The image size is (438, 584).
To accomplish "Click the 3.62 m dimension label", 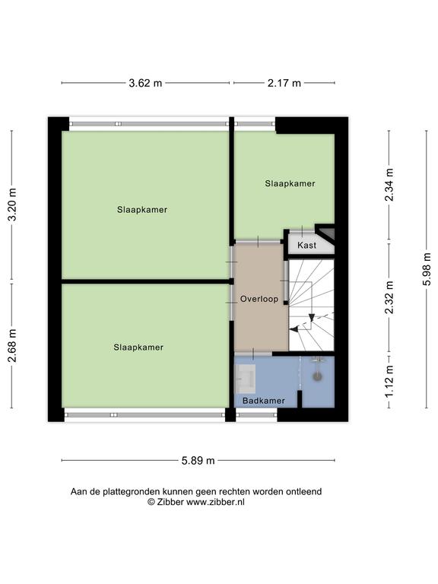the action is coord(145,83).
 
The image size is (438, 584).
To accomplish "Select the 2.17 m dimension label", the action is coord(284,83).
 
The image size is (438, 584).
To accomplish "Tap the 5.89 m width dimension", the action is coord(198,461).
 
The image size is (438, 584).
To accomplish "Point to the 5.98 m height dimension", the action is coord(427,269).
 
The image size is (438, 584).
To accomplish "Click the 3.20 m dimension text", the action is coord(12,205).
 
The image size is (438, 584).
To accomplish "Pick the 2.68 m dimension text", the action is coord(12,346).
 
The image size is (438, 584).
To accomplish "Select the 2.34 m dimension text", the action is coord(389,185).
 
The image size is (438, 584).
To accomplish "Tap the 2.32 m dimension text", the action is coord(389,297).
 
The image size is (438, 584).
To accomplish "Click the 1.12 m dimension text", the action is coord(389,381).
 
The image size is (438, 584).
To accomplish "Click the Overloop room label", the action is coord(259,299).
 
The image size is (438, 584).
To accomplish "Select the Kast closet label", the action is coord(307,245).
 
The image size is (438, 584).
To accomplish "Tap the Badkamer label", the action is coord(264,401).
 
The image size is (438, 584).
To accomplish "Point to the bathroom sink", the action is coord(246,379).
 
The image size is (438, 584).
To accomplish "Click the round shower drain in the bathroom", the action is coord(317,376).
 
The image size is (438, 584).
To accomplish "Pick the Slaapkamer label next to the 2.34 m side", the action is coord(290,183).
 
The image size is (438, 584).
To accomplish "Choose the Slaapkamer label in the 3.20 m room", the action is coord(142,210).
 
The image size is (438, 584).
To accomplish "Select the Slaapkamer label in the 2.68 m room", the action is coord(138,348).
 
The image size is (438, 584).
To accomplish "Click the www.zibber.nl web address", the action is coord(215,502).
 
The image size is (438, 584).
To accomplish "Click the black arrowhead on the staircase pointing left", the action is coord(294,329).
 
